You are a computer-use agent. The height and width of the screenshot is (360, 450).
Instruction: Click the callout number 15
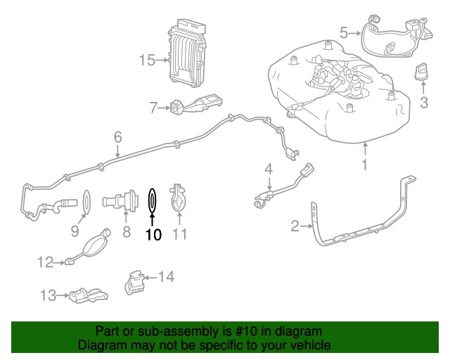tap(146, 60)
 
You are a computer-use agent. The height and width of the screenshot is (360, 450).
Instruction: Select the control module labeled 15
tap(186, 51)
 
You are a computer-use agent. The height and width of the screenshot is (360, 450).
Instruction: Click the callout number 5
tap(344, 32)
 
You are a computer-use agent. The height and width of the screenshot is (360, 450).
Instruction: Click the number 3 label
tap(423, 104)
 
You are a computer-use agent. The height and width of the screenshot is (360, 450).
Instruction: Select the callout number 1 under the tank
tap(365, 166)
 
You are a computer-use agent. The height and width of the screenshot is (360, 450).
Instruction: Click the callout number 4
tap(268, 169)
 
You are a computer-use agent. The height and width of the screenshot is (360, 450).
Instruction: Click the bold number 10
tap(153, 234)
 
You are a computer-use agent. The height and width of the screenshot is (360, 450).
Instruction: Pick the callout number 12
tap(46, 263)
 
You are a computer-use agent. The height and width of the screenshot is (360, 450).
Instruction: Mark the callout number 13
tap(48, 296)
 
